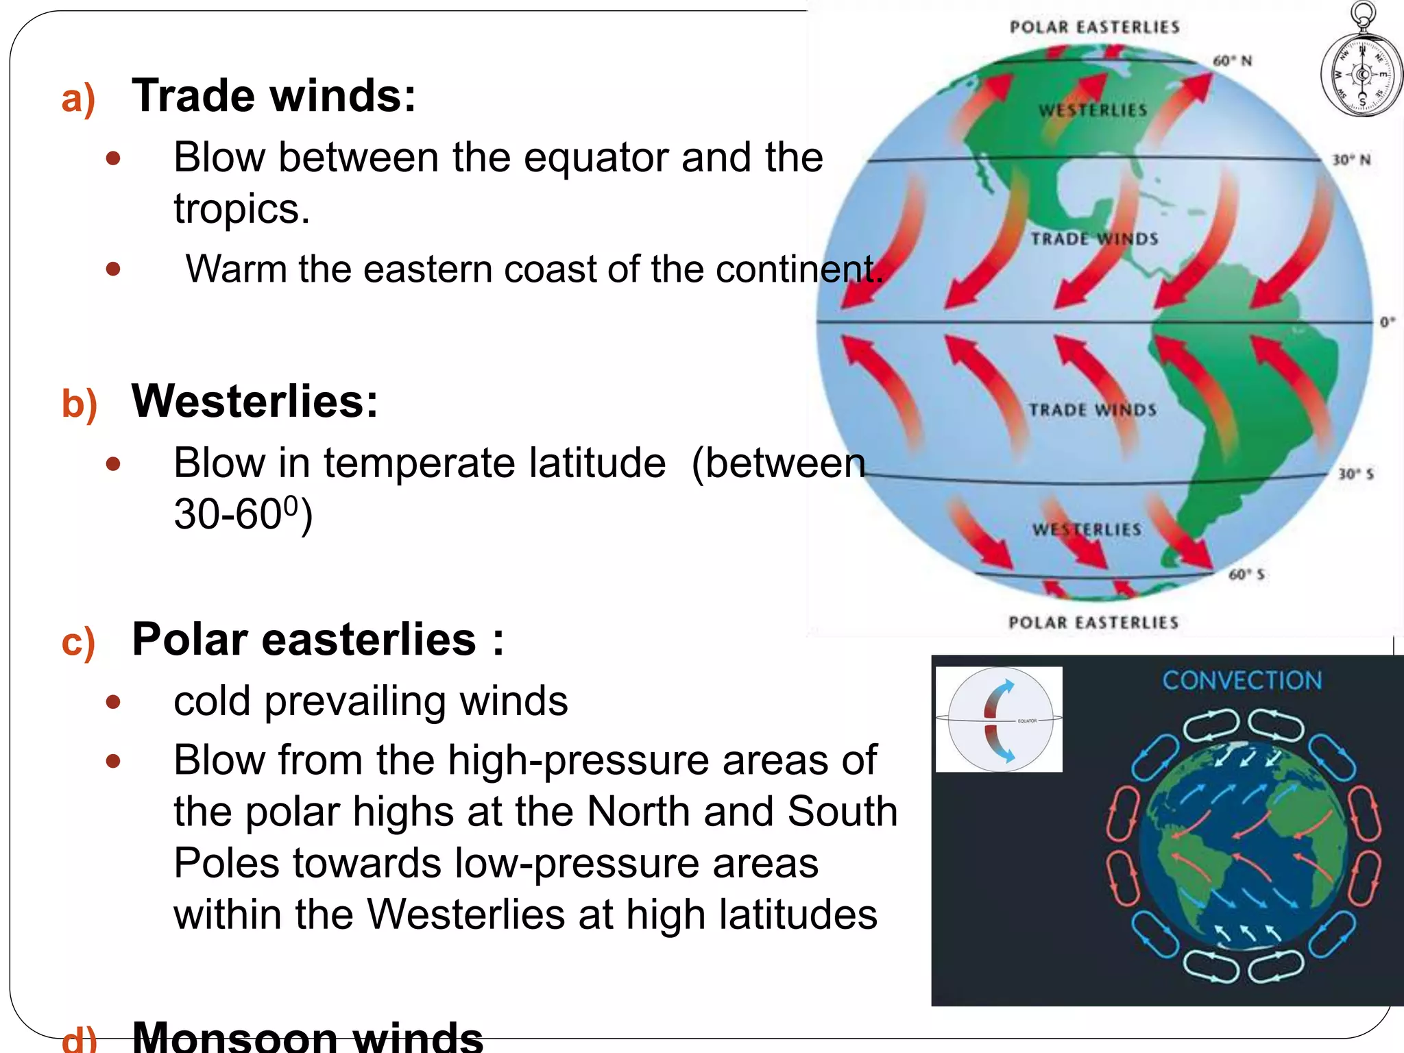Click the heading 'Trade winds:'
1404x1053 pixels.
pos(274,96)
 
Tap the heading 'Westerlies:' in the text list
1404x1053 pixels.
pos(254,401)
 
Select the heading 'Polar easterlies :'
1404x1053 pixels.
pos(317,639)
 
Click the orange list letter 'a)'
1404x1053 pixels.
pos(77,99)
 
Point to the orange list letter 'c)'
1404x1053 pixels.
pos(77,642)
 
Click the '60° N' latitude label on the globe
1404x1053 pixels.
pos(1232,61)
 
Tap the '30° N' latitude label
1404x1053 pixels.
pos(1351,160)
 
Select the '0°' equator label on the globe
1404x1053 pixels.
pos(1387,322)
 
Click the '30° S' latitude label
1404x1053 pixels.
pos(1355,474)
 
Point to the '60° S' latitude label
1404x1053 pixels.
pos(1246,574)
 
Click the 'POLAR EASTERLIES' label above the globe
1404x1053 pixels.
pos(1094,27)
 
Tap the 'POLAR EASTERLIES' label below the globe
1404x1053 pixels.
pos(1093,622)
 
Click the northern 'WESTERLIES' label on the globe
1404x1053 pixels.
pos(1092,110)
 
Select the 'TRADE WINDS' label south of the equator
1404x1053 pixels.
pos(1092,410)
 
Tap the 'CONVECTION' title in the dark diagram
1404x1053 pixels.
pos(1242,680)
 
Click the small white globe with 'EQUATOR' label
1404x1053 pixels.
pos(999,719)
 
